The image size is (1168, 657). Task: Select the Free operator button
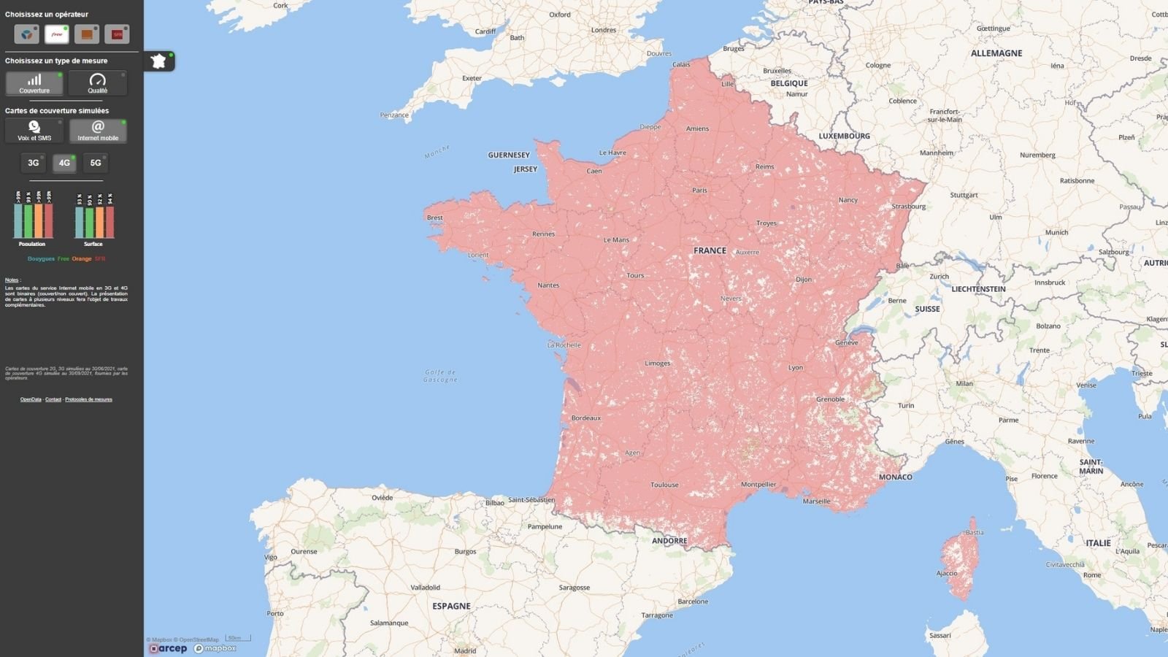(x=56, y=34)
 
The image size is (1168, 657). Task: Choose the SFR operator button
(x=117, y=34)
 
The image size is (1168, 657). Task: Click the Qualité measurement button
(x=97, y=83)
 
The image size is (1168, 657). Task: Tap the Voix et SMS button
(x=34, y=131)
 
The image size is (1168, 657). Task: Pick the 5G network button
(x=96, y=163)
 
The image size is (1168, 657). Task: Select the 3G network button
(x=33, y=163)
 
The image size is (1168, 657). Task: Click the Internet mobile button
(x=98, y=131)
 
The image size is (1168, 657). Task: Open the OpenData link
(x=31, y=399)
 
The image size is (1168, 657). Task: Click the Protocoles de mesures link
(x=88, y=399)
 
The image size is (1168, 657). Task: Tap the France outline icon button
(x=159, y=61)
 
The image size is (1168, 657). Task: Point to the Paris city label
(x=699, y=191)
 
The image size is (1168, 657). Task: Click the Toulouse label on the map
(x=664, y=485)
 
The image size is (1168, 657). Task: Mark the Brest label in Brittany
(x=435, y=218)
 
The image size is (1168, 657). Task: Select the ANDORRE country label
(x=669, y=541)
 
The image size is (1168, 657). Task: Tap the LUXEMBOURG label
(x=844, y=136)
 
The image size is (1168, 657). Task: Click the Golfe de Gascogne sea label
(x=440, y=376)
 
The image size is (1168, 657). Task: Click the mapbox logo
(x=215, y=648)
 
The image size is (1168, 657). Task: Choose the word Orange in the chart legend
(x=82, y=258)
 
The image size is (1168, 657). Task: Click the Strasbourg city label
(x=908, y=207)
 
